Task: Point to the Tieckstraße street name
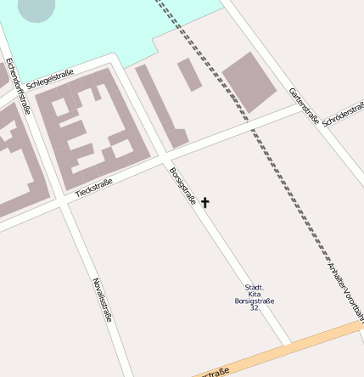tap(93, 188)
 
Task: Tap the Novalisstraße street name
tap(102, 300)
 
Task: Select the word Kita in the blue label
tap(254, 294)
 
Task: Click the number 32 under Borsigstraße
tap(254, 307)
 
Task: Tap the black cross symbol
tap(204, 202)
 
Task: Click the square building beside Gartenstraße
tap(249, 82)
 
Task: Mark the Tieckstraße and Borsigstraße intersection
tap(167, 159)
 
